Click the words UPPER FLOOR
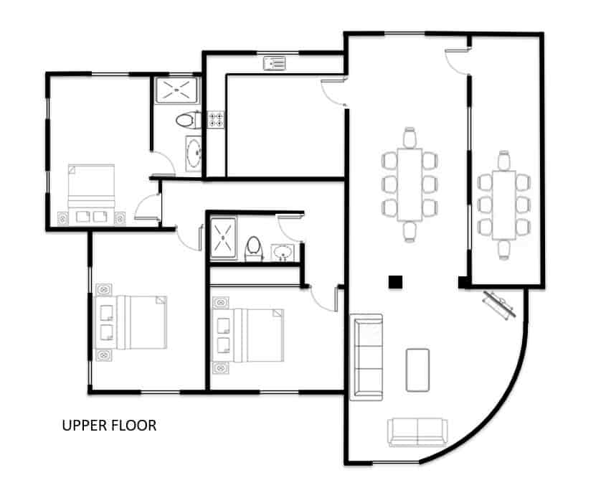click(x=109, y=426)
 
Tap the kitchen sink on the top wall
click(x=274, y=64)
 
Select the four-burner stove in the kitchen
click(x=214, y=119)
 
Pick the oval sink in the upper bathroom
click(x=193, y=153)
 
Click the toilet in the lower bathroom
click(x=253, y=248)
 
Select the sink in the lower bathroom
click(x=283, y=253)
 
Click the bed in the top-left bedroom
click(x=91, y=188)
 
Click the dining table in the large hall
click(x=410, y=184)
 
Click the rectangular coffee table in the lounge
click(x=417, y=370)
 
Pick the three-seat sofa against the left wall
click(x=366, y=356)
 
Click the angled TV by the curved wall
click(x=499, y=305)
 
